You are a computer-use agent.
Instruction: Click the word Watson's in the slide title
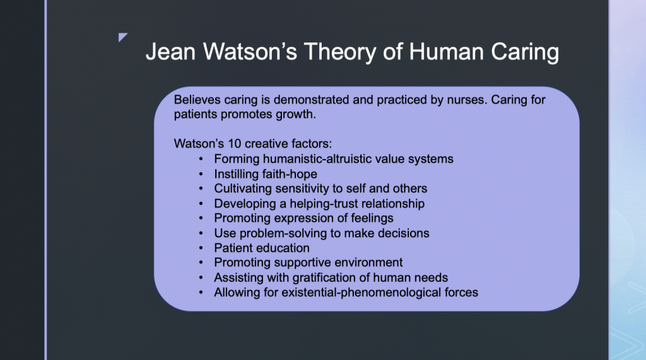click(x=250, y=52)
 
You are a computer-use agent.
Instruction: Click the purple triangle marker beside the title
click(x=123, y=37)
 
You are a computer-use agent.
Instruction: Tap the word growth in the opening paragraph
click(x=296, y=115)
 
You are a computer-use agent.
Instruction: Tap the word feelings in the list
click(x=372, y=218)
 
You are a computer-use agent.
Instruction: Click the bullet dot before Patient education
click(x=201, y=248)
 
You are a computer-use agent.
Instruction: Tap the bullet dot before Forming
click(x=201, y=159)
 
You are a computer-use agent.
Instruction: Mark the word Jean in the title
click(x=170, y=52)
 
